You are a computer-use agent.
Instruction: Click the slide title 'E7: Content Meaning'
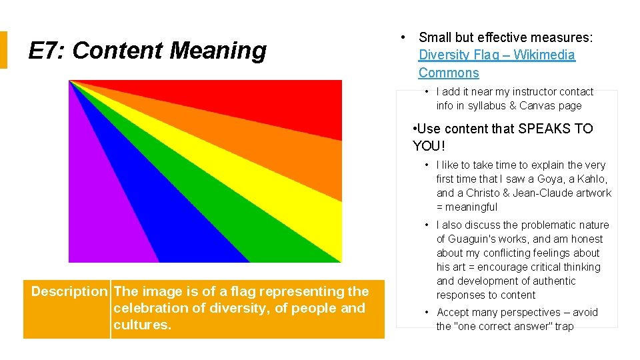(147, 51)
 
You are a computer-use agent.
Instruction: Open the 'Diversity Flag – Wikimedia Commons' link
(496, 55)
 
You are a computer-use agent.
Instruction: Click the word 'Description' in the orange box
(69, 291)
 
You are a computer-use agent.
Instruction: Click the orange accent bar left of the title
(3, 50)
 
